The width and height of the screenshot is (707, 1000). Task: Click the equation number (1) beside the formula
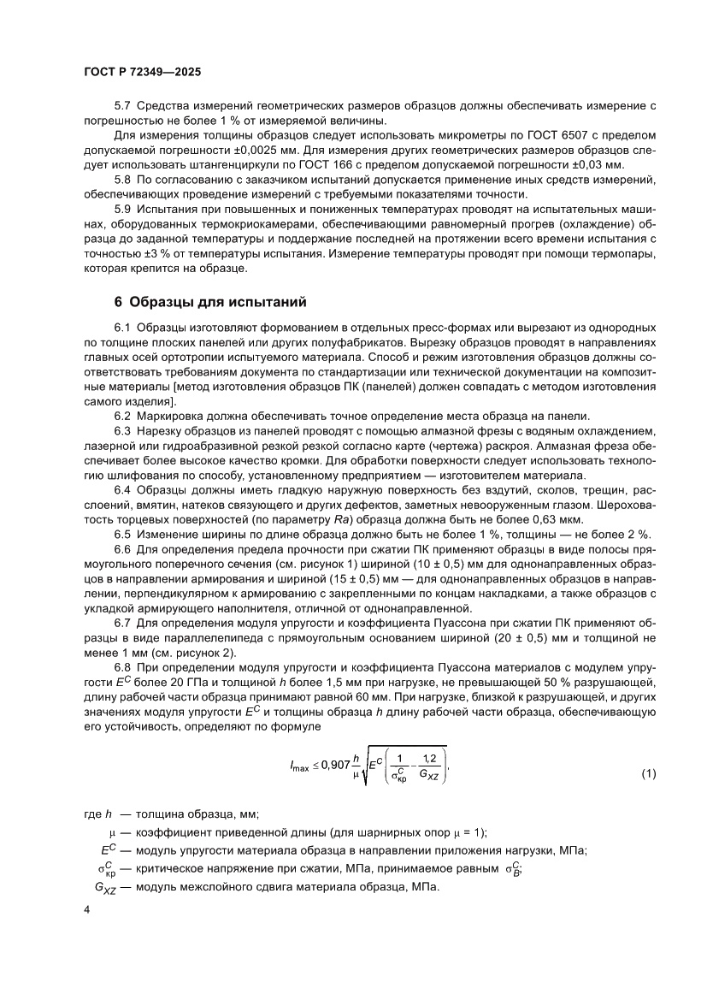pos(647,774)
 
